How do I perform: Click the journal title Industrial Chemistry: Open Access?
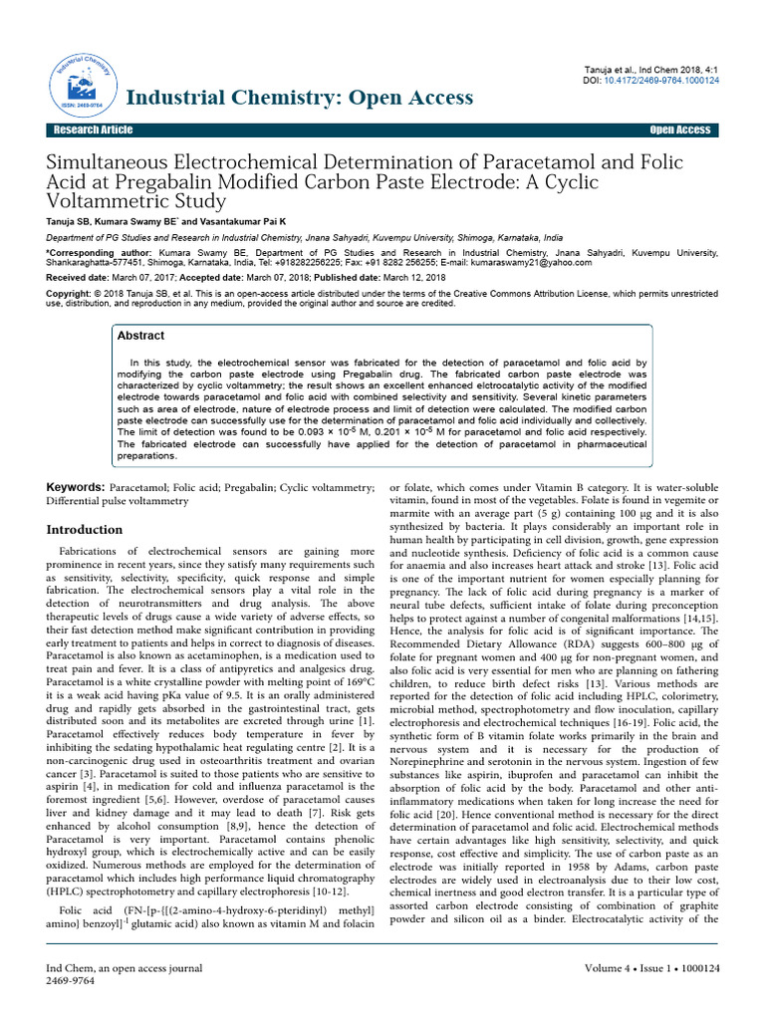(299, 97)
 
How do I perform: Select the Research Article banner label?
(94, 130)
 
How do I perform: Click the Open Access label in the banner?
(679, 130)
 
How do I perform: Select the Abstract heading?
(140, 337)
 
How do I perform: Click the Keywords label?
(78, 486)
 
